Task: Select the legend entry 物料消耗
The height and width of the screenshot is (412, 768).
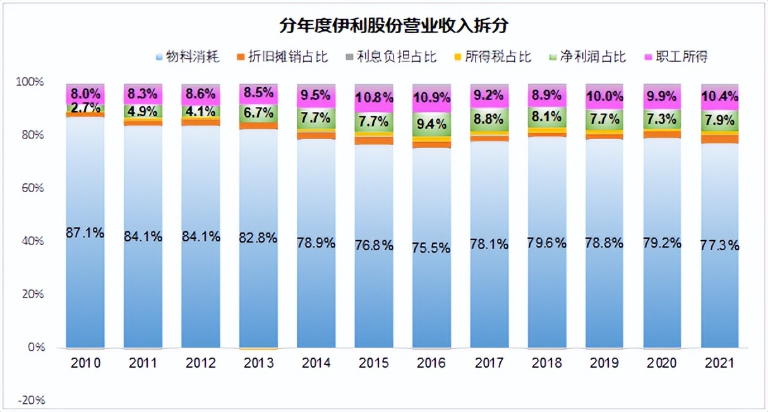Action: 188,57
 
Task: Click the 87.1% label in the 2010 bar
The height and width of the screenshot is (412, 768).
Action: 85,233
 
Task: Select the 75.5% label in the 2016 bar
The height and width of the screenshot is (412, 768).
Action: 432,247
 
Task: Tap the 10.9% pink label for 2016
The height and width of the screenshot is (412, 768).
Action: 432,99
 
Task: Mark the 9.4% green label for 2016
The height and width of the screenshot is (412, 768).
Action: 432,124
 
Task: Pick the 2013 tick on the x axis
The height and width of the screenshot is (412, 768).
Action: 259,363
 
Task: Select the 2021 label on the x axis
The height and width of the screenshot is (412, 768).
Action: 721,363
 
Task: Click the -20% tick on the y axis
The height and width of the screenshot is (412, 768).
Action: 30,401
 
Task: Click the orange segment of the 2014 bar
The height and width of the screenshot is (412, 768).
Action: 316,136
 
